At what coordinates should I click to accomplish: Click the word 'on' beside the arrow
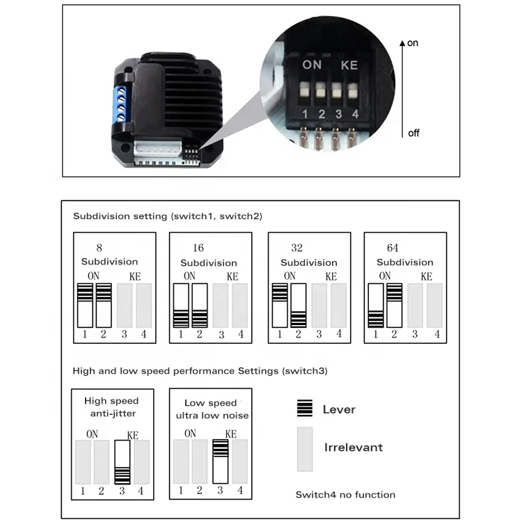coord(413,43)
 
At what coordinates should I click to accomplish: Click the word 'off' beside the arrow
coord(413,133)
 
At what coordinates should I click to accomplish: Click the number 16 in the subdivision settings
coord(198,248)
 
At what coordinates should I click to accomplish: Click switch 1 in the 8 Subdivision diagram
coord(85,305)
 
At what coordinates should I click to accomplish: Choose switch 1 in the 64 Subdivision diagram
coord(376,305)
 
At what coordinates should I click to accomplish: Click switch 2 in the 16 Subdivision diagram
coord(200,305)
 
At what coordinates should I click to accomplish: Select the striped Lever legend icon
coord(304,409)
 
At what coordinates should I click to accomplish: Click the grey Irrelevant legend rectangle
coord(305,449)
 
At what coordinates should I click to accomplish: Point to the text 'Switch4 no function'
coord(345,495)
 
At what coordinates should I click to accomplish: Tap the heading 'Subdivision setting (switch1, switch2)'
coord(168,216)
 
